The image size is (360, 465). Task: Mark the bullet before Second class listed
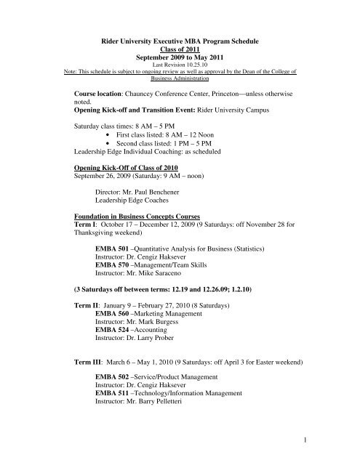[108, 143]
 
